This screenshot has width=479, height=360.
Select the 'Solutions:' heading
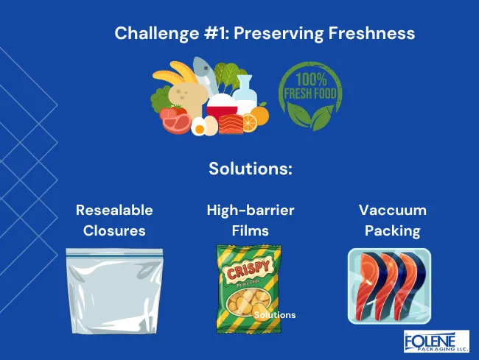click(251, 168)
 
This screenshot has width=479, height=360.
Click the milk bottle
click(244, 95)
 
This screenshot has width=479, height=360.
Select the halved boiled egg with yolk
click(199, 127)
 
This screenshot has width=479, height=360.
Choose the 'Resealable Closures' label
click(114, 220)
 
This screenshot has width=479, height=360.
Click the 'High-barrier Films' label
click(251, 220)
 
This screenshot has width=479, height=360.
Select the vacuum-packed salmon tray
click(388, 286)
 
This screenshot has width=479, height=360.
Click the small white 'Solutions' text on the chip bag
click(274, 315)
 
